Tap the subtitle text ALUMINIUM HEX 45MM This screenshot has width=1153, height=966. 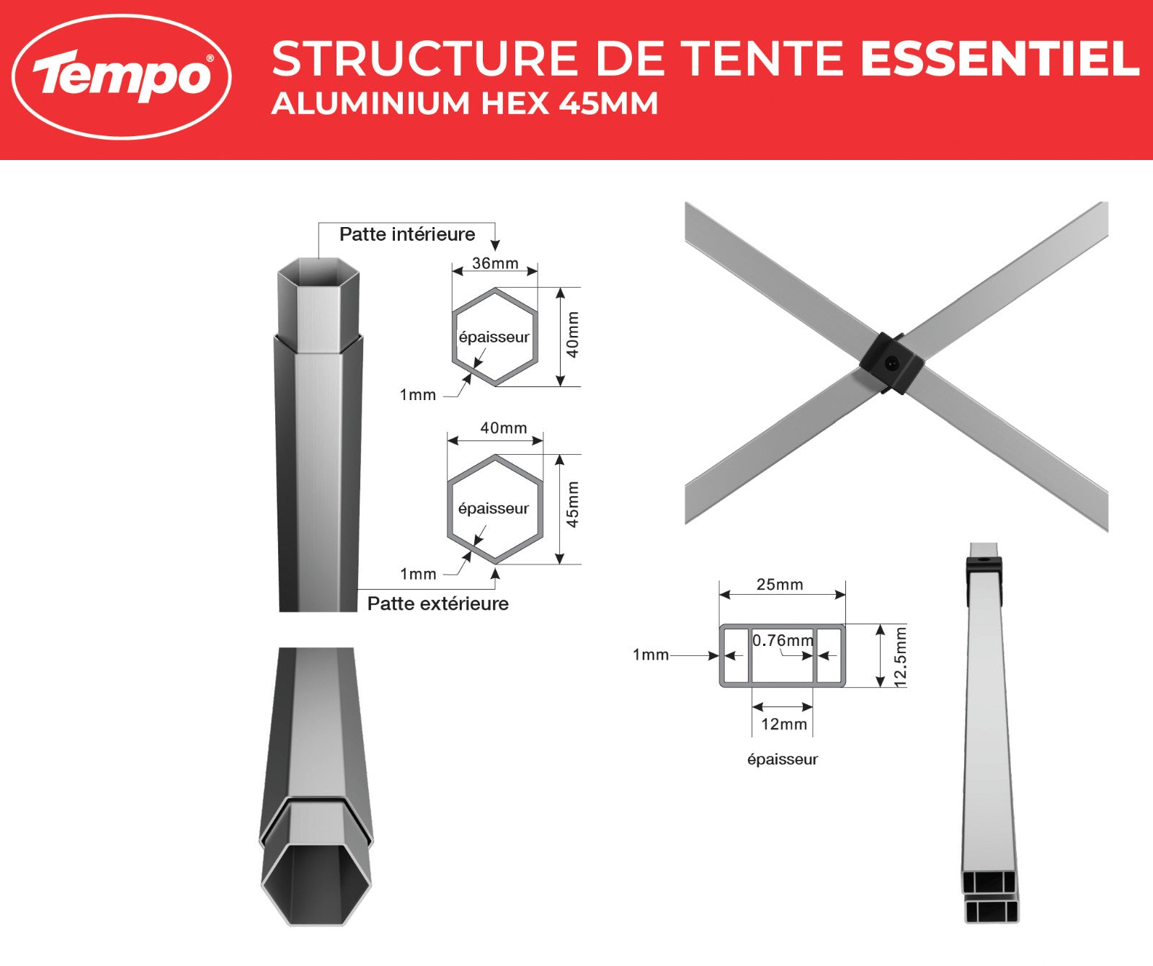click(x=465, y=103)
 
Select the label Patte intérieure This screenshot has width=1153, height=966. click(x=407, y=234)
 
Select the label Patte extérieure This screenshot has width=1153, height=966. click(x=438, y=603)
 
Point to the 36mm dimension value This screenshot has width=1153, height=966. click(x=495, y=263)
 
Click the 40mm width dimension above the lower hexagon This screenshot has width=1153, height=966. click(x=504, y=428)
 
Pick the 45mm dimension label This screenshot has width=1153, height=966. click(x=572, y=505)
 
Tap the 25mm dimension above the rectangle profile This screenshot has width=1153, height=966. click(x=780, y=585)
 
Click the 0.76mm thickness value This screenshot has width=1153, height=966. click(x=783, y=640)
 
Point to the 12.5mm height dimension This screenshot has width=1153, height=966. click(x=900, y=657)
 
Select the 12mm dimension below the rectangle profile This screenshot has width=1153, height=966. click(x=784, y=724)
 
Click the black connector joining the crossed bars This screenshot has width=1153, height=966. click(x=891, y=363)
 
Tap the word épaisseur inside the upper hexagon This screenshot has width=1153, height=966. click(x=494, y=337)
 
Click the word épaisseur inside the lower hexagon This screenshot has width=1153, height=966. click(x=494, y=508)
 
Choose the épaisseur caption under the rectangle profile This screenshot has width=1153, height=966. click(x=783, y=759)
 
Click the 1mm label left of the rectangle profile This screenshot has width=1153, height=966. click(x=651, y=655)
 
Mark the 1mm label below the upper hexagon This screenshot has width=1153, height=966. click(x=418, y=395)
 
